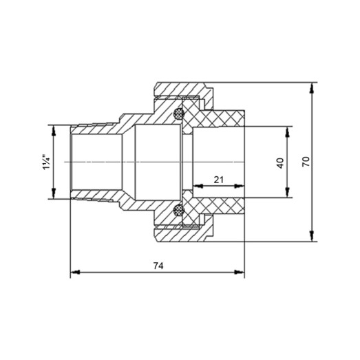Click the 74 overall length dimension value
[157, 264]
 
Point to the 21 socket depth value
[219, 180]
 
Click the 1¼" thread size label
[45, 162]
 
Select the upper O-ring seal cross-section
[180, 114]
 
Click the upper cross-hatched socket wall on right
[220, 118]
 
